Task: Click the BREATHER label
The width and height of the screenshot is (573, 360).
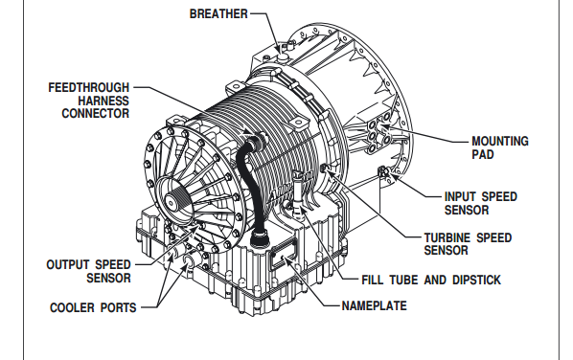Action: (218, 13)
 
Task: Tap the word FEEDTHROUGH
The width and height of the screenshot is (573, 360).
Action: (89, 88)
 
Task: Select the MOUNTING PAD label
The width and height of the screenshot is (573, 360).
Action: (500, 147)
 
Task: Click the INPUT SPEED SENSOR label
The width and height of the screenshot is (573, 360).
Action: (481, 203)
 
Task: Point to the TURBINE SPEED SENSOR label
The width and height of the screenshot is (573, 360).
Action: (468, 244)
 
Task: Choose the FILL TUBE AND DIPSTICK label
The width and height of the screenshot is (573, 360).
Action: (431, 280)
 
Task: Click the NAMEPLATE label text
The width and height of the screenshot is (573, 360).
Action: (375, 305)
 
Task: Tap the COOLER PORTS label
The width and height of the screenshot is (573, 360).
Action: (93, 307)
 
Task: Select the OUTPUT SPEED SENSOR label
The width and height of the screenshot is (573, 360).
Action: (88, 271)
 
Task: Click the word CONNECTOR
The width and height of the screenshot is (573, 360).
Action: (96, 113)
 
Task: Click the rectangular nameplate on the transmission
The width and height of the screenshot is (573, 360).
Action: (284, 256)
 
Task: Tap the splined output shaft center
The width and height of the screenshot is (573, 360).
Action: (171, 201)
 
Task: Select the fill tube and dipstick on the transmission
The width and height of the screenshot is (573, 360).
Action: (298, 191)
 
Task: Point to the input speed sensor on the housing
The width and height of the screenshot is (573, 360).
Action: (383, 170)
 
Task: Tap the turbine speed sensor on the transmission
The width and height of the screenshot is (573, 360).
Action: (324, 168)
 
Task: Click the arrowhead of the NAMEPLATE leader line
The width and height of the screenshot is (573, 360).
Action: (286, 259)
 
